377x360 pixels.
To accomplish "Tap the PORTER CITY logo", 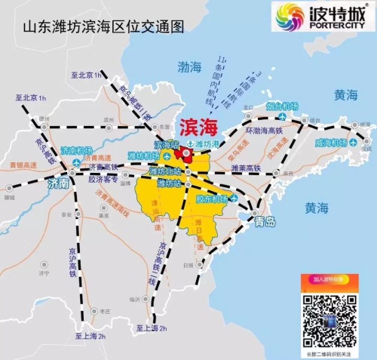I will pos(323,17).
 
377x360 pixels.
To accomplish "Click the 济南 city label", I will pos(58,183).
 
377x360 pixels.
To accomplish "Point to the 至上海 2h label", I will pos(90,336).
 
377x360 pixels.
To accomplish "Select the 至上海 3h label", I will pos(150,328).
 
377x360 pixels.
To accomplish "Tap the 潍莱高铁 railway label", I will pos(246,168).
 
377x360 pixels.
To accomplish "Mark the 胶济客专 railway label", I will pos(103,179).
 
